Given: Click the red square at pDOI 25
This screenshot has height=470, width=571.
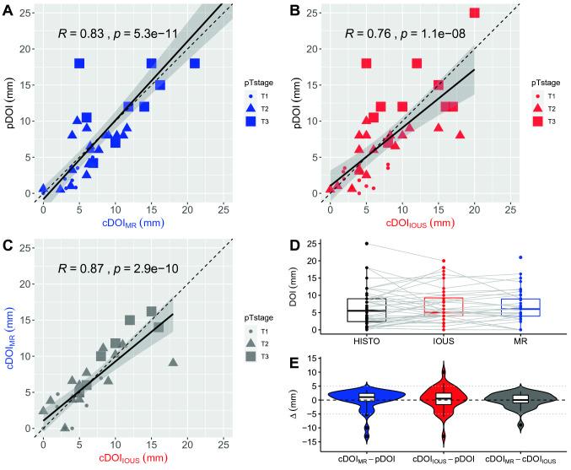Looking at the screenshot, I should [474, 13].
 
